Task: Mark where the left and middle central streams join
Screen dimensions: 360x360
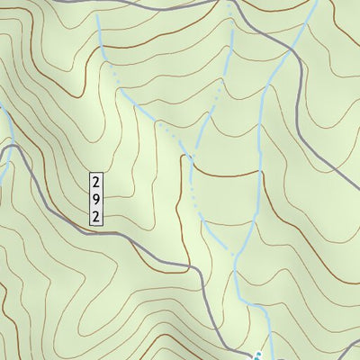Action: tap(192, 160)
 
